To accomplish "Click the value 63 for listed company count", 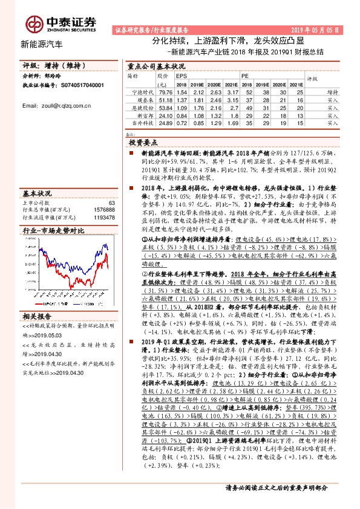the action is tap(111, 203).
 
